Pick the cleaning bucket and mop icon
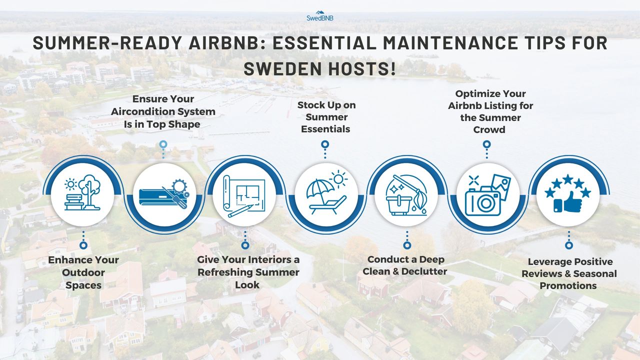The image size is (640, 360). pos(406,194)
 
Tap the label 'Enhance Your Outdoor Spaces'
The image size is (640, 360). pos(83,272)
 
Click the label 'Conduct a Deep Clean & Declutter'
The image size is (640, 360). pos(405,265)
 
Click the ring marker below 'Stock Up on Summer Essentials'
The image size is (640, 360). pos(325,144)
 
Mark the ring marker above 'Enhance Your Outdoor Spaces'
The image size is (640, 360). pos(83,245)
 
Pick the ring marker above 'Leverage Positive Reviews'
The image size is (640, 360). pos(568,245)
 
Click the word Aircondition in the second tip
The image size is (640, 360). pos(163,111)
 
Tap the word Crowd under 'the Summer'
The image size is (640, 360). pos(490,129)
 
